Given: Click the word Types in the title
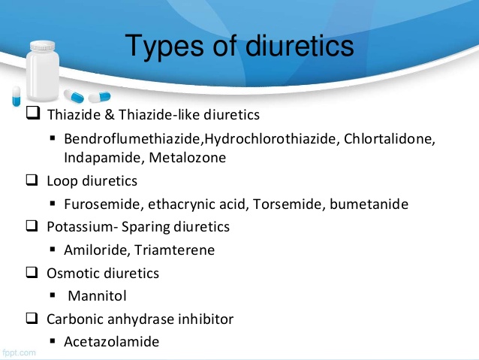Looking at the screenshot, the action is pyautogui.click(x=164, y=47).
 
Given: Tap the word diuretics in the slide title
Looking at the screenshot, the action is pyautogui.click(x=300, y=45).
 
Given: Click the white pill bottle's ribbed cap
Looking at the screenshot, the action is pyautogui.click(x=43, y=46).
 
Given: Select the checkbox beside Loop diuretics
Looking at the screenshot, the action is pyautogui.click(x=32, y=180).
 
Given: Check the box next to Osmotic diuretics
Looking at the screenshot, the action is pyautogui.click(x=32, y=272).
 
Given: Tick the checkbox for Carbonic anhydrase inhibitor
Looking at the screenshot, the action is pyautogui.click(x=32, y=318).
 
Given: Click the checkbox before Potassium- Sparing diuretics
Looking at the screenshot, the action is pyautogui.click(x=32, y=226).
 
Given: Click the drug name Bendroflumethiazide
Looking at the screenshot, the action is pyautogui.click(x=133, y=138).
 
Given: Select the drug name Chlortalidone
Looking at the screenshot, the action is pyautogui.click(x=389, y=138).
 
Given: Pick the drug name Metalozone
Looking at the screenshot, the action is pyautogui.click(x=188, y=158).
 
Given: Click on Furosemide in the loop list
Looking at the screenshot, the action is pyautogui.click(x=104, y=204).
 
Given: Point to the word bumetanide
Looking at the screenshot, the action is pyautogui.click(x=369, y=204).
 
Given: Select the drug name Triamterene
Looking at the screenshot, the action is pyautogui.click(x=174, y=250).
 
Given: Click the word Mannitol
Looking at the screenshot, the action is pyautogui.click(x=97, y=296).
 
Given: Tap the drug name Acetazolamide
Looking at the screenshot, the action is pyautogui.click(x=112, y=342).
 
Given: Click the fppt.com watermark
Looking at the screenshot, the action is pyautogui.click(x=19, y=352).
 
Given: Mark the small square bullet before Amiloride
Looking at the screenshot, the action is pyautogui.click(x=53, y=250).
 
